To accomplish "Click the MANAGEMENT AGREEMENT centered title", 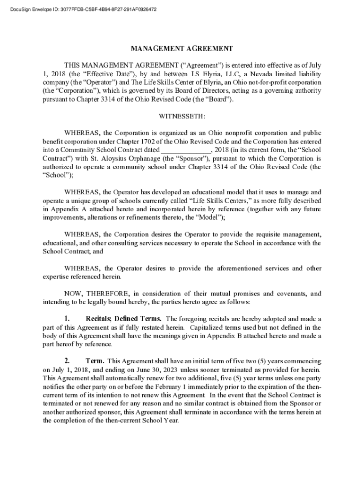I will (x=182, y=48).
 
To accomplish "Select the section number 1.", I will (x=67, y=318).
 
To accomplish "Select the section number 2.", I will (x=67, y=361).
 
